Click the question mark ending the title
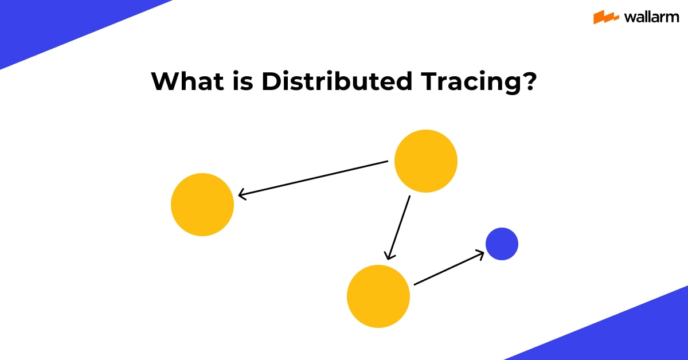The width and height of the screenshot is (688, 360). (x=529, y=82)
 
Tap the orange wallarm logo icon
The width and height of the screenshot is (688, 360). (x=605, y=17)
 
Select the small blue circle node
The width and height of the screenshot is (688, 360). (x=502, y=244)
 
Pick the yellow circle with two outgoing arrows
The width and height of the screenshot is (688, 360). (x=426, y=161)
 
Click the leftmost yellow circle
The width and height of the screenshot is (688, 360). (x=202, y=205)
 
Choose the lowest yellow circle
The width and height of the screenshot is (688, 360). (x=378, y=296)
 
